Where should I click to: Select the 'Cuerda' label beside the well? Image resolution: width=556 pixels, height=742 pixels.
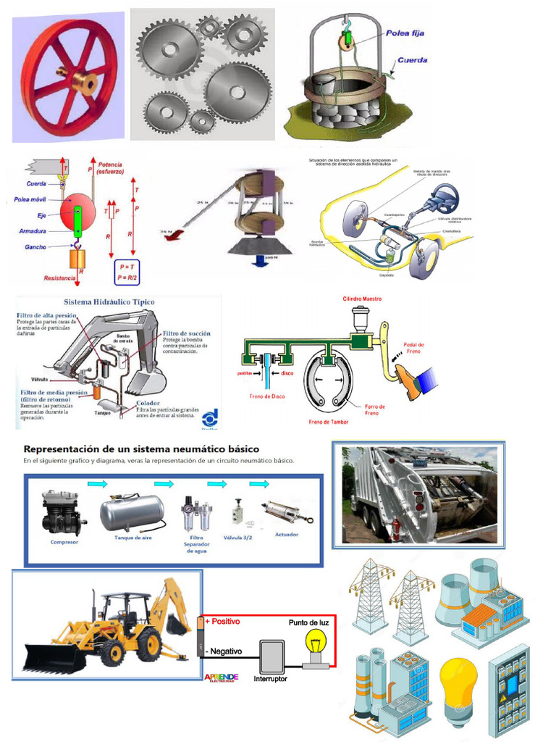(412, 60)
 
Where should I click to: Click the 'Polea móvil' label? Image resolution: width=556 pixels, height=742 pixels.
(31, 199)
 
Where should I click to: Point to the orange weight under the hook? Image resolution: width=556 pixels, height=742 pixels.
(77, 259)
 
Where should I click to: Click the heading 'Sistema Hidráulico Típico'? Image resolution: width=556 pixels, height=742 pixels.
(109, 301)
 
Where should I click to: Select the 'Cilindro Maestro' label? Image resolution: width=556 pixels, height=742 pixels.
(362, 299)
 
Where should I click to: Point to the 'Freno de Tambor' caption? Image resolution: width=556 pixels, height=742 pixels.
(329, 422)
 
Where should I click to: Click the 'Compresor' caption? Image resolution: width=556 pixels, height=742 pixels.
(64, 541)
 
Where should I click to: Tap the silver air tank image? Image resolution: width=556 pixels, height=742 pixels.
(132, 512)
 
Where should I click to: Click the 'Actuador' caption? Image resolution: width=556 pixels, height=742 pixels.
(287, 534)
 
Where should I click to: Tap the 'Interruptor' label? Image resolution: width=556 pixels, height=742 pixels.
(270, 679)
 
